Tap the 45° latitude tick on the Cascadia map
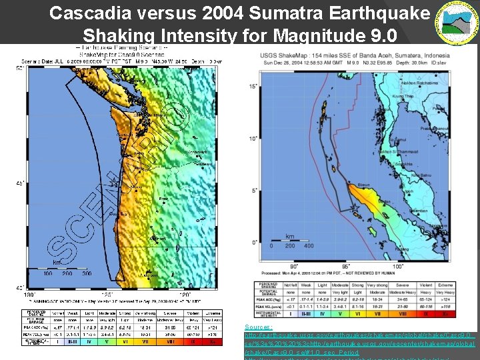pos(19,183)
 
